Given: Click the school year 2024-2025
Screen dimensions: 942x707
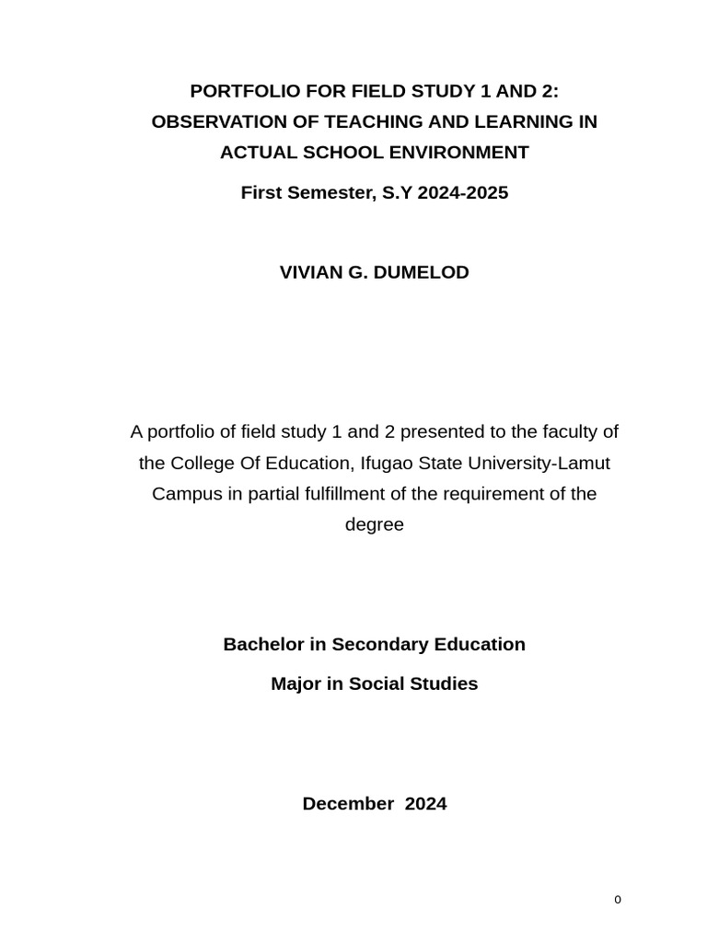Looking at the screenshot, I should click(462, 193).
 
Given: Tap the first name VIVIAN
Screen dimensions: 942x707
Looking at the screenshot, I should click(311, 272).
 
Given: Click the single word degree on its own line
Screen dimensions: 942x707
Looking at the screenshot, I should click(374, 525).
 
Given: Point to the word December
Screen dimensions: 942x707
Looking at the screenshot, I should click(347, 803).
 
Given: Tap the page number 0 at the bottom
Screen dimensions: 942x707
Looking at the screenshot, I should click(618, 900).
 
